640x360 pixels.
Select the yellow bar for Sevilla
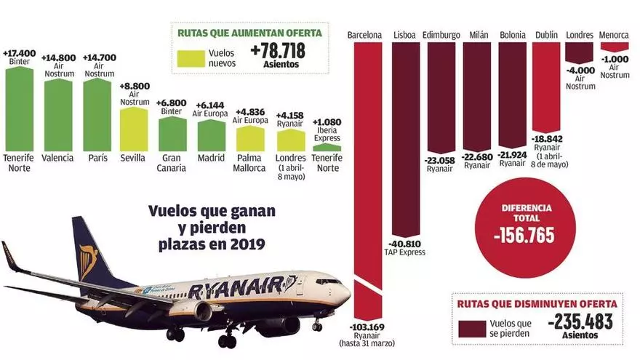[133, 129]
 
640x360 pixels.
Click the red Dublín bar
[546, 87]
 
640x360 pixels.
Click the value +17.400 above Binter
[20, 53]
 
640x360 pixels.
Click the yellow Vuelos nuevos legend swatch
[190, 56]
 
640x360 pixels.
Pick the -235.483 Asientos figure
[580, 321]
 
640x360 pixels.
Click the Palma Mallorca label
[251, 163]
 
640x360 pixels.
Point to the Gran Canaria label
[172, 163]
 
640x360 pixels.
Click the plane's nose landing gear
[317, 327]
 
